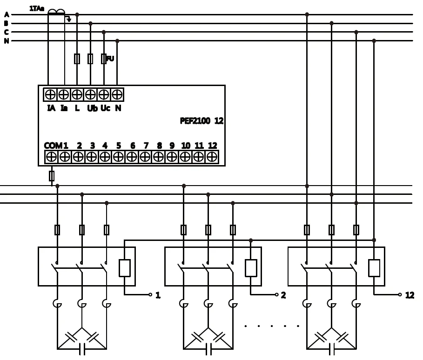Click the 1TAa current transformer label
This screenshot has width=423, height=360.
pyautogui.click(x=37, y=8)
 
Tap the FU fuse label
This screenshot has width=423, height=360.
pyautogui.click(x=110, y=59)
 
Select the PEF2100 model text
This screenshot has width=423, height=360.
pyautogui.click(x=195, y=121)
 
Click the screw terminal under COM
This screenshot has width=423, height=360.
pyautogui.click(x=51, y=157)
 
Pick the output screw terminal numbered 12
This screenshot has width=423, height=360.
pyautogui.click(x=212, y=157)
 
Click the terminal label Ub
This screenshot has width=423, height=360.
pyautogui.click(x=92, y=108)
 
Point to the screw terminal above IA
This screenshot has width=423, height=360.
pyautogui.click(x=50, y=94)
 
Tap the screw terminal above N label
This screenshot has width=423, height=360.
pyautogui.click(x=117, y=94)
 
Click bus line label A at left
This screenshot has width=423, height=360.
pyautogui.click(x=7, y=15)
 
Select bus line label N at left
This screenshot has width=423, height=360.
pyautogui.click(x=7, y=41)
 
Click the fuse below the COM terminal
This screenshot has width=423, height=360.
pyautogui.click(x=51, y=176)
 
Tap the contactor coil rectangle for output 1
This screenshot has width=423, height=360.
pyautogui.click(x=125, y=268)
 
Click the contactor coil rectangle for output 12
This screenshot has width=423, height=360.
pyautogui.click(x=374, y=268)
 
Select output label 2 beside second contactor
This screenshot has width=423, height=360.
pyautogui.click(x=283, y=295)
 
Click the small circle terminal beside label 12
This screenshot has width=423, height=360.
pyautogui.click(x=400, y=294)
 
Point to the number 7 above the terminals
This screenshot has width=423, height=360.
pyautogui.click(x=146, y=146)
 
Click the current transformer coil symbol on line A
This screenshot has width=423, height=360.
pyautogui.click(x=56, y=12)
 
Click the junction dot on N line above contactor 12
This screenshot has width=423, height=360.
pyautogui.click(x=374, y=41)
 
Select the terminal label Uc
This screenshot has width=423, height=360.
pyautogui.click(x=105, y=108)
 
